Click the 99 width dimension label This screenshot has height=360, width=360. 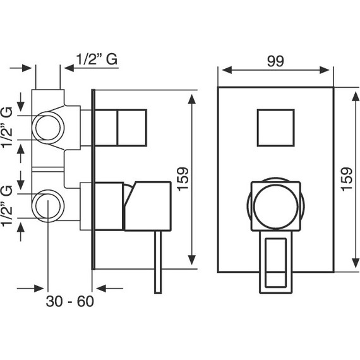pos(275,61)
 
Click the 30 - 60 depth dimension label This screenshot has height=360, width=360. pos(70,301)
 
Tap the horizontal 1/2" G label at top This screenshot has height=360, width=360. pos(97,59)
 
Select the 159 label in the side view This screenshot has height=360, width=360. pos(183,179)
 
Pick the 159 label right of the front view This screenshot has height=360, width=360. pos(347,179)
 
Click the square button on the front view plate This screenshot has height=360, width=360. pos(276,128)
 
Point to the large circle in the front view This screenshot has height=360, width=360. pos(276,206)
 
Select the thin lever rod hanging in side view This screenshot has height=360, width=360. pos(158,262)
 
